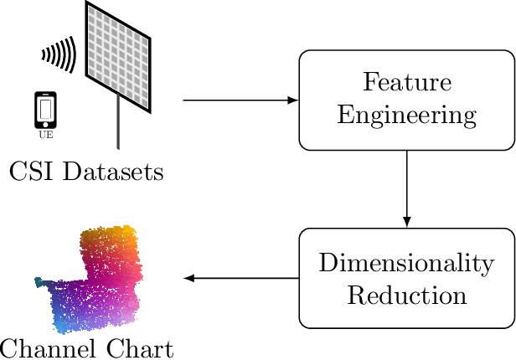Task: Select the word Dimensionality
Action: pyautogui.click(x=406, y=264)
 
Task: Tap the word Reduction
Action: pyautogui.click(x=406, y=296)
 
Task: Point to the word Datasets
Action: pyautogui.click(x=111, y=173)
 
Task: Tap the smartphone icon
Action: pyautogui.click(x=47, y=109)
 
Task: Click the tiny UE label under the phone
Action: pyautogui.click(x=47, y=133)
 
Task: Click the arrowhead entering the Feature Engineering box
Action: pyautogui.click(x=293, y=100)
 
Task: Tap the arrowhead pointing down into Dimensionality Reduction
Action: pyautogui.click(x=406, y=222)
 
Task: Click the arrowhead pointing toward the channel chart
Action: pyautogui.click(x=189, y=278)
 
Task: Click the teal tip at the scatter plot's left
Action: pyautogui.click(x=39, y=281)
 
